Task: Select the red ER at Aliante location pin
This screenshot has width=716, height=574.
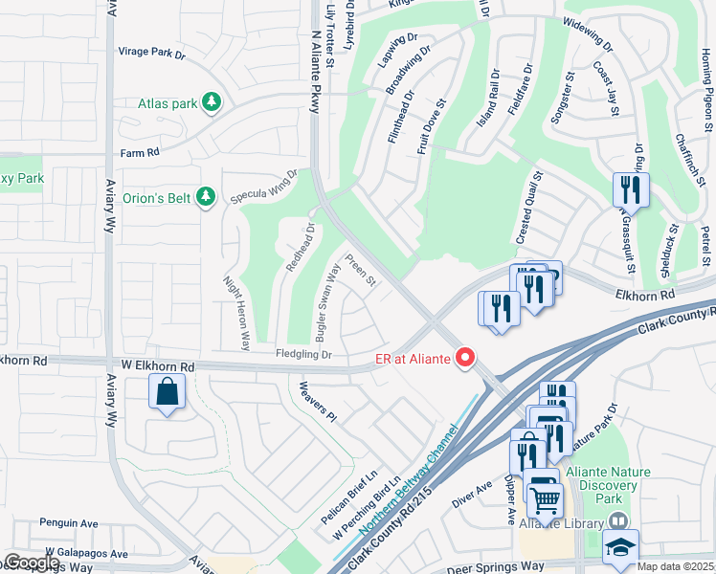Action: [x=466, y=359]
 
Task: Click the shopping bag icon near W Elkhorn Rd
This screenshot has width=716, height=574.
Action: [x=168, y=391]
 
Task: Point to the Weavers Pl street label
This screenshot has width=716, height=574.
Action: [x=318, y=402]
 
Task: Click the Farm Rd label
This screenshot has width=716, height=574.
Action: [x=137, y=152]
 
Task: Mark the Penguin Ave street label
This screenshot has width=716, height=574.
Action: [x=69, y=523]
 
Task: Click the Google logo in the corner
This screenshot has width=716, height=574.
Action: [x=32, y=563]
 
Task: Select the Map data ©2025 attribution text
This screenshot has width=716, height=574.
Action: [x=676, y=566]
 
